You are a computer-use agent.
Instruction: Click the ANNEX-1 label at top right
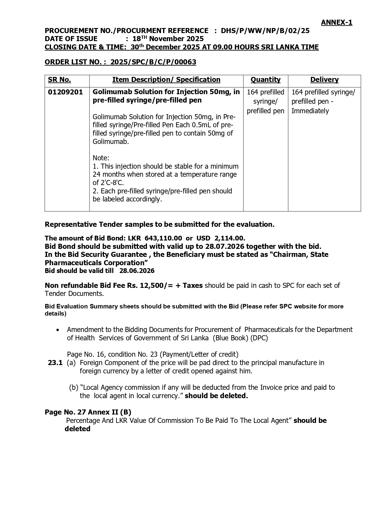pyautogui.click(x=336, y=22)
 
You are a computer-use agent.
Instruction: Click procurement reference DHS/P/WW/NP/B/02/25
pyautogui.click(x=265, y=31)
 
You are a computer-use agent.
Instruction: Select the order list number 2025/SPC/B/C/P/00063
pyautogui.click(x=153, y=62)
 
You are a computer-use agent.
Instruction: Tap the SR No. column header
pyautogui.click(x=59, y=80)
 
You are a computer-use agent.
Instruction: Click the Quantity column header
pyautogui.click(x=265, y=80)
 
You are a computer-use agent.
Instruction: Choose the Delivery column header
pyautogui.click(x=324, y=80)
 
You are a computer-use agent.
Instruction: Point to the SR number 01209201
pyautogui.click(x=65, y=92)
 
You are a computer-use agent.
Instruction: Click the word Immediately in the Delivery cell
pyautogui.click(x=310, y=111)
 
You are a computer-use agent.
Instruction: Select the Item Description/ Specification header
pyautogui.click(x=166, y=80)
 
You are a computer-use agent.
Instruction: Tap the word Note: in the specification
pyautogui.click(x=101, y=158)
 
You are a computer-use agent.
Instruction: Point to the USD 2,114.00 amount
pyautogui.click(x=220, y=238)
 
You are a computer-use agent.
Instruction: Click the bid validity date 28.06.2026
pyautogui.click(x=137, y=271)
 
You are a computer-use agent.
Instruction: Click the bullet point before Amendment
pyautogui.click(x=58, y=330)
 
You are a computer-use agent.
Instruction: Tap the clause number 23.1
pyautogui.click(x=55, y=363)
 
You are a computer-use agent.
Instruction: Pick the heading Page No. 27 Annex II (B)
pyautogui.click(x=88, y=412)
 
